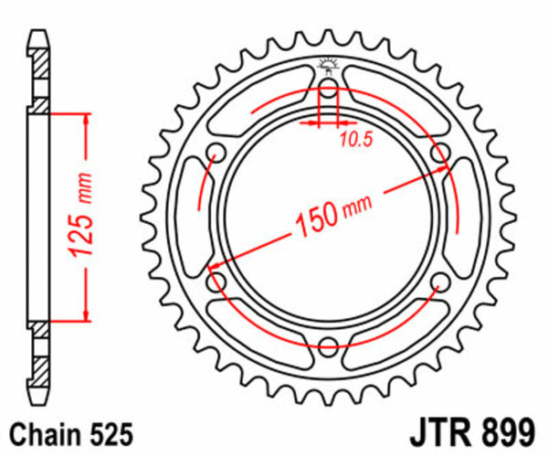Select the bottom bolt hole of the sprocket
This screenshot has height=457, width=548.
pyautogui.click(x=328, y=345)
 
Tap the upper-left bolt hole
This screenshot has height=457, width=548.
pyautogui.click(x=217, y=153)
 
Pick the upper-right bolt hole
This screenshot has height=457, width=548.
pyautogui.click(x=438, y=153)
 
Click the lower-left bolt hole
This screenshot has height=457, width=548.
pyautogui.click(x=217, y=282)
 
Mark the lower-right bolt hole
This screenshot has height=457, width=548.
pyautogui.click(x=438, y=282)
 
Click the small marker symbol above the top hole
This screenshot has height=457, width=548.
pyautogui.click(x=328, y=64)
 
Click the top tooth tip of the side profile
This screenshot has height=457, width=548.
pyautogui.click(x=39, y=38)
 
